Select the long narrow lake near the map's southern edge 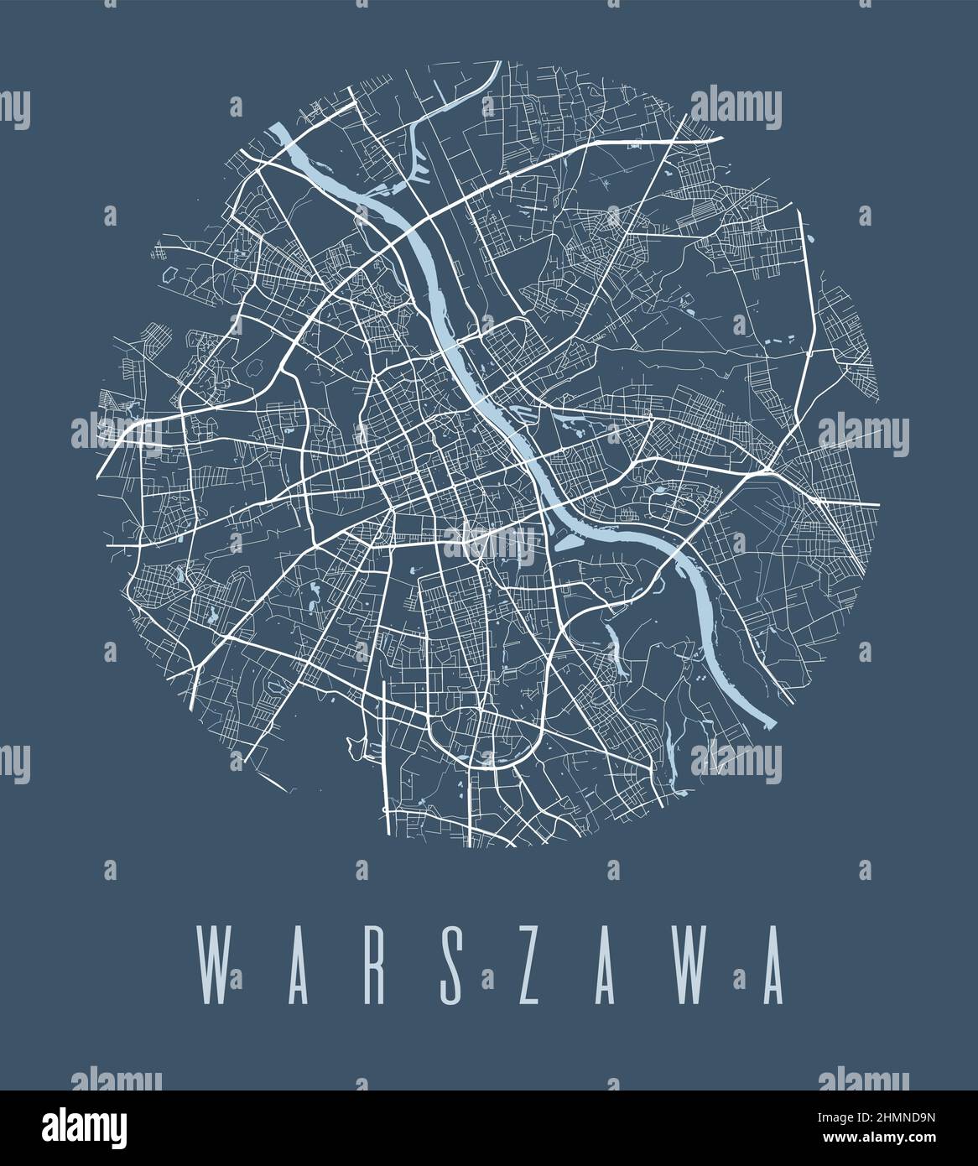tap(671, 750)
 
